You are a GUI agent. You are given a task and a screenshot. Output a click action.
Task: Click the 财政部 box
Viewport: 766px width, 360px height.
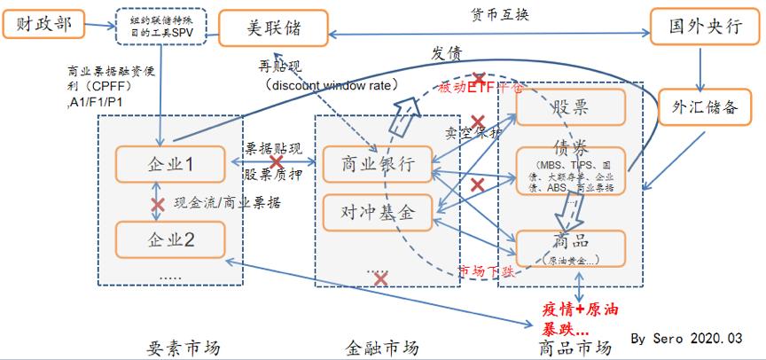43,24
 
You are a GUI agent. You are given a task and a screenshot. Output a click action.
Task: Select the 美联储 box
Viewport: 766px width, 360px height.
273,28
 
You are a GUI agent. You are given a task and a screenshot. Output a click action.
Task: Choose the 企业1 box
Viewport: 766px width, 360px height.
169,164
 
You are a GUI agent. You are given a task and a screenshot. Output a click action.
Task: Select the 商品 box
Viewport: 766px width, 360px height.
571,246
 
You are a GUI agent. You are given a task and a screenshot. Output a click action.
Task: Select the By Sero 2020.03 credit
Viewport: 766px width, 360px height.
685,338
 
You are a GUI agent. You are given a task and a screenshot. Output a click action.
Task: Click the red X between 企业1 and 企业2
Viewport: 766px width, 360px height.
158,204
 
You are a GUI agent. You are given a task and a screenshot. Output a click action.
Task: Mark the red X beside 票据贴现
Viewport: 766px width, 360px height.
277,162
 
